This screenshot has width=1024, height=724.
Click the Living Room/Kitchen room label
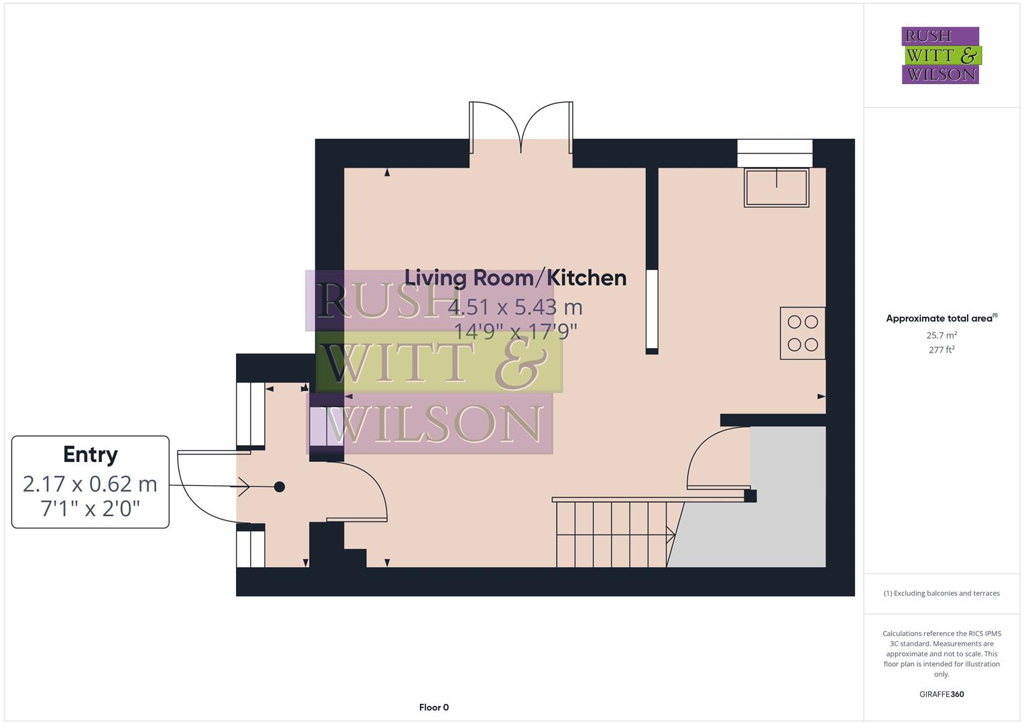pos(515,278)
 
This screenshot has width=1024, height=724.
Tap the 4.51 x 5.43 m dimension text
pos(515,307)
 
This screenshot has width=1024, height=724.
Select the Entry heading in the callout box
pos(91,455)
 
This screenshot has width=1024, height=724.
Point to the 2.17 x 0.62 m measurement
pos(91,483)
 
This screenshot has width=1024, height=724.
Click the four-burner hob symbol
pos(803,333)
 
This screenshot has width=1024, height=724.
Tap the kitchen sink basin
pos(776,187)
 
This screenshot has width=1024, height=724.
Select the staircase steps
pos(612,534)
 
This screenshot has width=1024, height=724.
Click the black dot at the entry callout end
pos(280,487)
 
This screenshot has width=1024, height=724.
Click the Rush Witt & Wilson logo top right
pos(940,55)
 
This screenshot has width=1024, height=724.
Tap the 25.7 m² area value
pos(942,335)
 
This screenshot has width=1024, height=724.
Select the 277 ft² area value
pos(942,349)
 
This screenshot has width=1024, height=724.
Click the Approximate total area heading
pos(940,318)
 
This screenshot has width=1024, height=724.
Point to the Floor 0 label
pos(433,707)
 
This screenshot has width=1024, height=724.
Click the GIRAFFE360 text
pos(942,694)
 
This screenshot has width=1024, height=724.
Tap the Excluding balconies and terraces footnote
pos(942,593)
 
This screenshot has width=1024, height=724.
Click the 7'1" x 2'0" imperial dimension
pos(91,509)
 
